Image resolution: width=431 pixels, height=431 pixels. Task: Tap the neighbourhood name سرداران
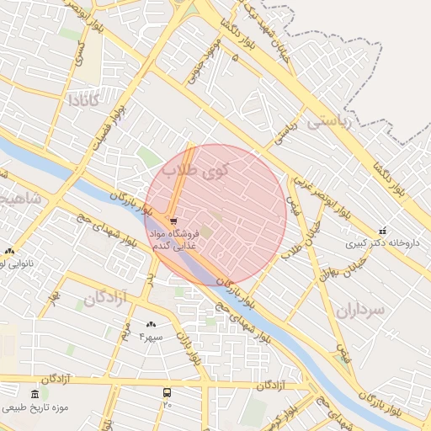tap(359, 310)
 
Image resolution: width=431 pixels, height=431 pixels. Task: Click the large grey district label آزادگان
tap(105, 297)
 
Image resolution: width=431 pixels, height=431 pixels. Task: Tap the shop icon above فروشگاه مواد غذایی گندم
tap(173, 221)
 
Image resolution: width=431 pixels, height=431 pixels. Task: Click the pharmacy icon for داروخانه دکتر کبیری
tap(382, 231)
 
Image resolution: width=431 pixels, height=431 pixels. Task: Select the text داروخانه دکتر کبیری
tap(380, 243)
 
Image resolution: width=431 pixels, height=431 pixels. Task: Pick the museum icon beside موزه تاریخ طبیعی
tap(35, 394)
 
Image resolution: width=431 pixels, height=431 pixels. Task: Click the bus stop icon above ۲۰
tap(167, 392)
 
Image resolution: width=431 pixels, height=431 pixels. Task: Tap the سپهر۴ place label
tap(151, 337)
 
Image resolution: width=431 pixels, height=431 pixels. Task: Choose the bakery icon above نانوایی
tap(9, 251)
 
